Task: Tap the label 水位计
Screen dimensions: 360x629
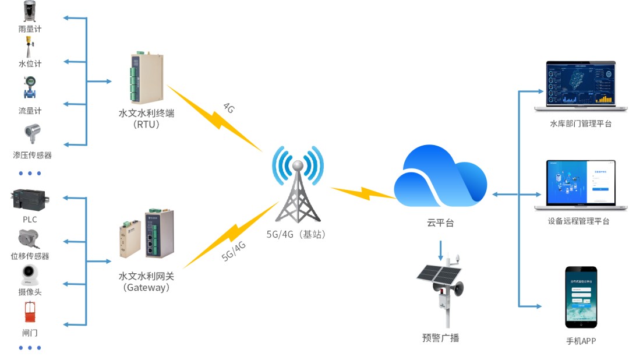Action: [x=30, y=63]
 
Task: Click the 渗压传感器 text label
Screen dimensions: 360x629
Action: [x=33, y=155]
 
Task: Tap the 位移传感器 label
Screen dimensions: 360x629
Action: [x=30, y=256]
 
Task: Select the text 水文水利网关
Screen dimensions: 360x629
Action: [x=146, y=276]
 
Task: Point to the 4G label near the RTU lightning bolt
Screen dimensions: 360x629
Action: [x=229, y=108]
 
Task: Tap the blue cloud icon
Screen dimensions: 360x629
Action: [x=440, y=177]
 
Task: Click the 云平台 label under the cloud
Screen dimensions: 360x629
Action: [x=440, y=223]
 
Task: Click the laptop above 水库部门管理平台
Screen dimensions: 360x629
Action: [x=581, y=86]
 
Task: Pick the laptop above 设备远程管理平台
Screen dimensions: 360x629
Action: [x=581, y=185]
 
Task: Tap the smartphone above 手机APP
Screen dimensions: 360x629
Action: [x=581, y=297]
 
